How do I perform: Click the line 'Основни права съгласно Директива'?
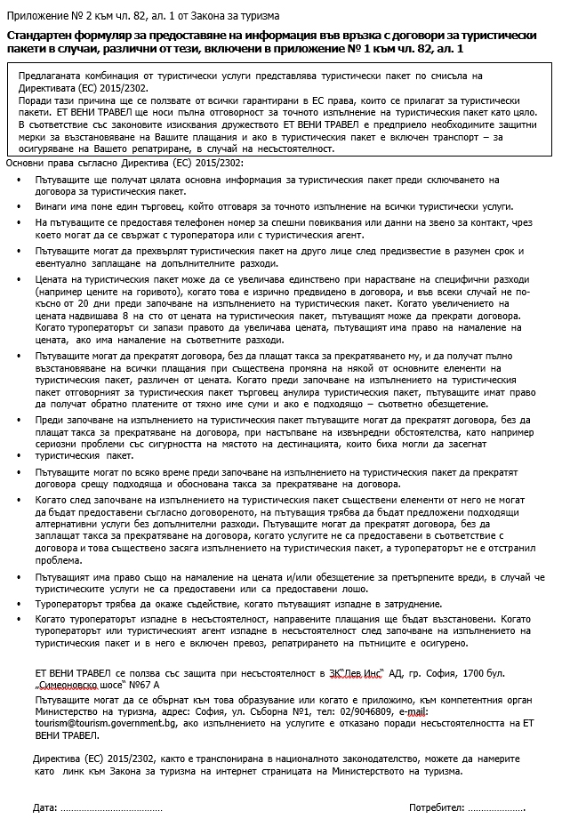click(x=124, y=164)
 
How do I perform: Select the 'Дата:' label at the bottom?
click(x=44, y=808)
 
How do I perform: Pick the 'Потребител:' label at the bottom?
click(x=437, y=808)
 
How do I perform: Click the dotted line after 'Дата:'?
click(x=112, y=809)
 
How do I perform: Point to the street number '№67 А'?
click(x=142, y=686)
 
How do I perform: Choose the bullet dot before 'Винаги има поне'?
click(x=20, y=205)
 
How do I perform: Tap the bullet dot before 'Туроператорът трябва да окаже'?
click(x=20, y=605)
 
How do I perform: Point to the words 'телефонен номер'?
click(x=191, y=221)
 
